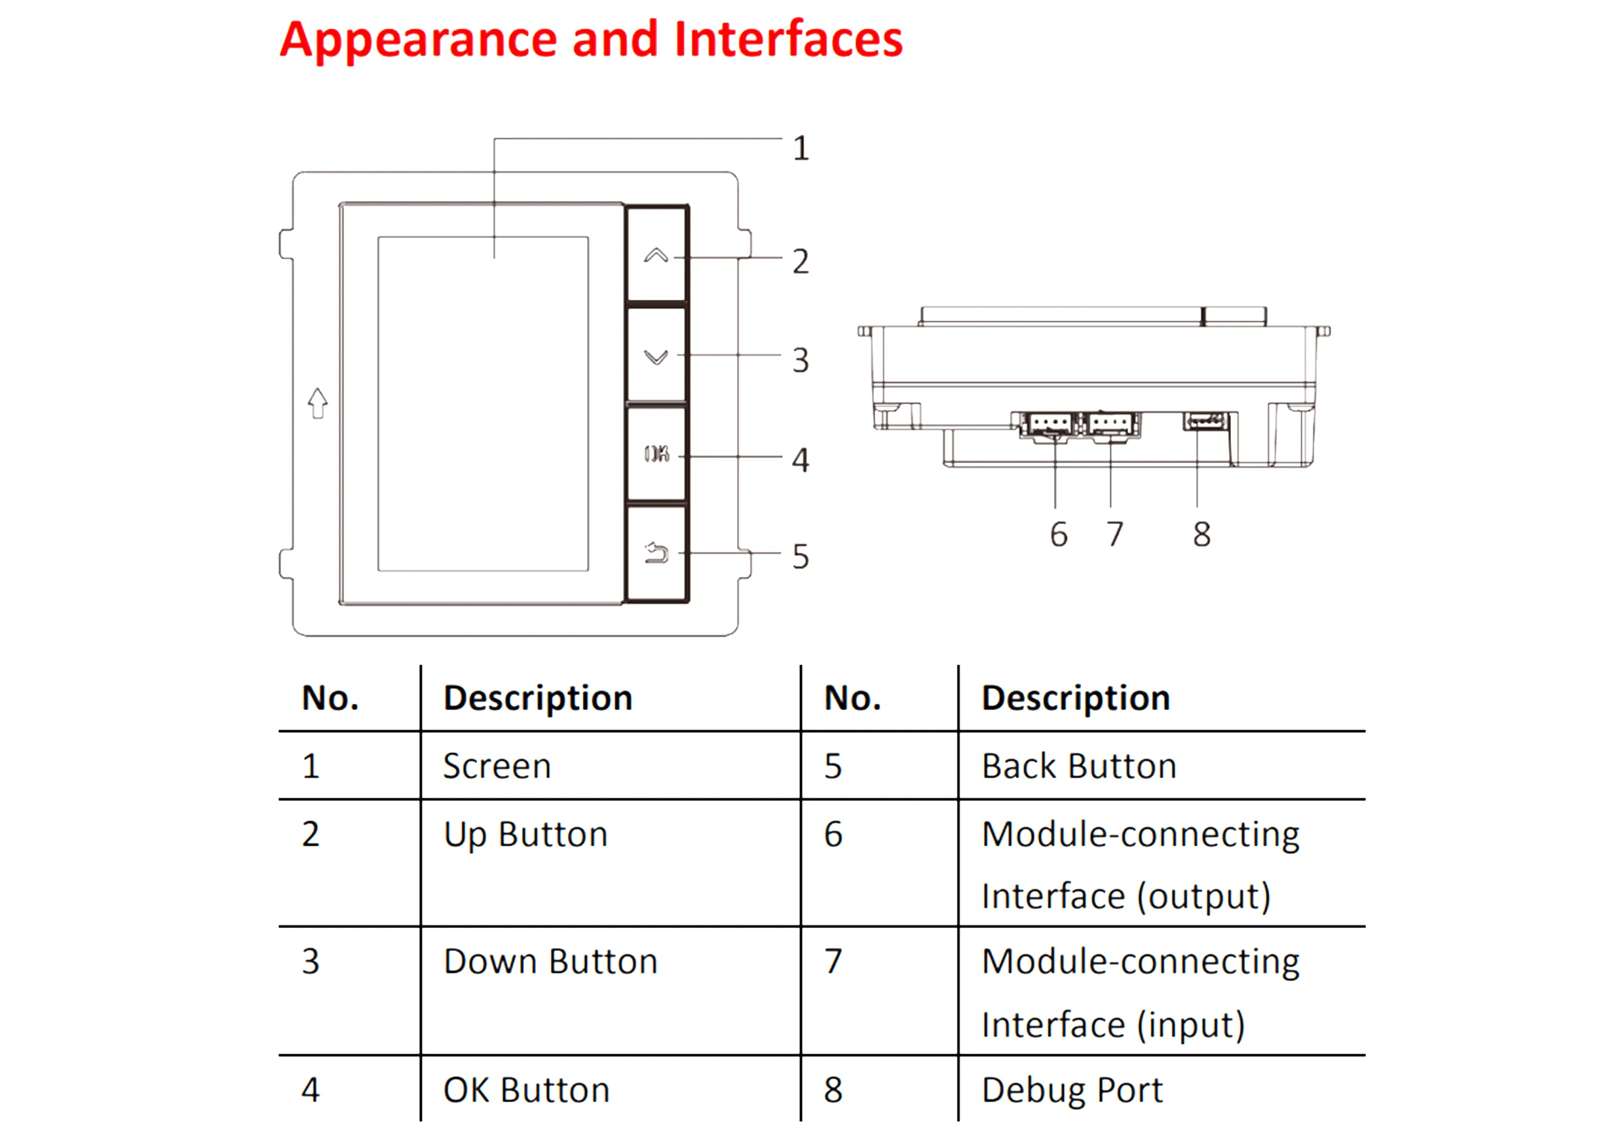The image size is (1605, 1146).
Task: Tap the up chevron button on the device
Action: pos(656,255)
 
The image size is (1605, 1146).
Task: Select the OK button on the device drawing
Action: pos(656,454)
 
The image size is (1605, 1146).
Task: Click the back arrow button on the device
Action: pos(656,553)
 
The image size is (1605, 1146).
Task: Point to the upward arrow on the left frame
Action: pos(318,403)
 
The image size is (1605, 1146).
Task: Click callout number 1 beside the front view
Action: pos(801,149)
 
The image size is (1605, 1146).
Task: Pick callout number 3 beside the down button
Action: pos(800,361)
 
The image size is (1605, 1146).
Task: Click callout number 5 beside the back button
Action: pos(800,557)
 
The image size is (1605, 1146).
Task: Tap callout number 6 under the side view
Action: pos(1058,534)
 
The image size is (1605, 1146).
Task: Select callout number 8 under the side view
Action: pos(1201,534)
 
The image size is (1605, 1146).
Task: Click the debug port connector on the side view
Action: pos(1205,421)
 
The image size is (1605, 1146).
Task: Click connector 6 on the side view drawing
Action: pos(1048,425)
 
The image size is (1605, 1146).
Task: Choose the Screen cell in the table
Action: pos(497,766)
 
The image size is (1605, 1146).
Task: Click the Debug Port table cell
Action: pos(1071,1090)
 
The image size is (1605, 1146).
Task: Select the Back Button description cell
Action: pos(1078,766)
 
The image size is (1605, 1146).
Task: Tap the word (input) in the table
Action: pos(1191,1025)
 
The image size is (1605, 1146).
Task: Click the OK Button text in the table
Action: pos(526,1090)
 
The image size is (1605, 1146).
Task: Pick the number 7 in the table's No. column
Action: pos(833,961)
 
